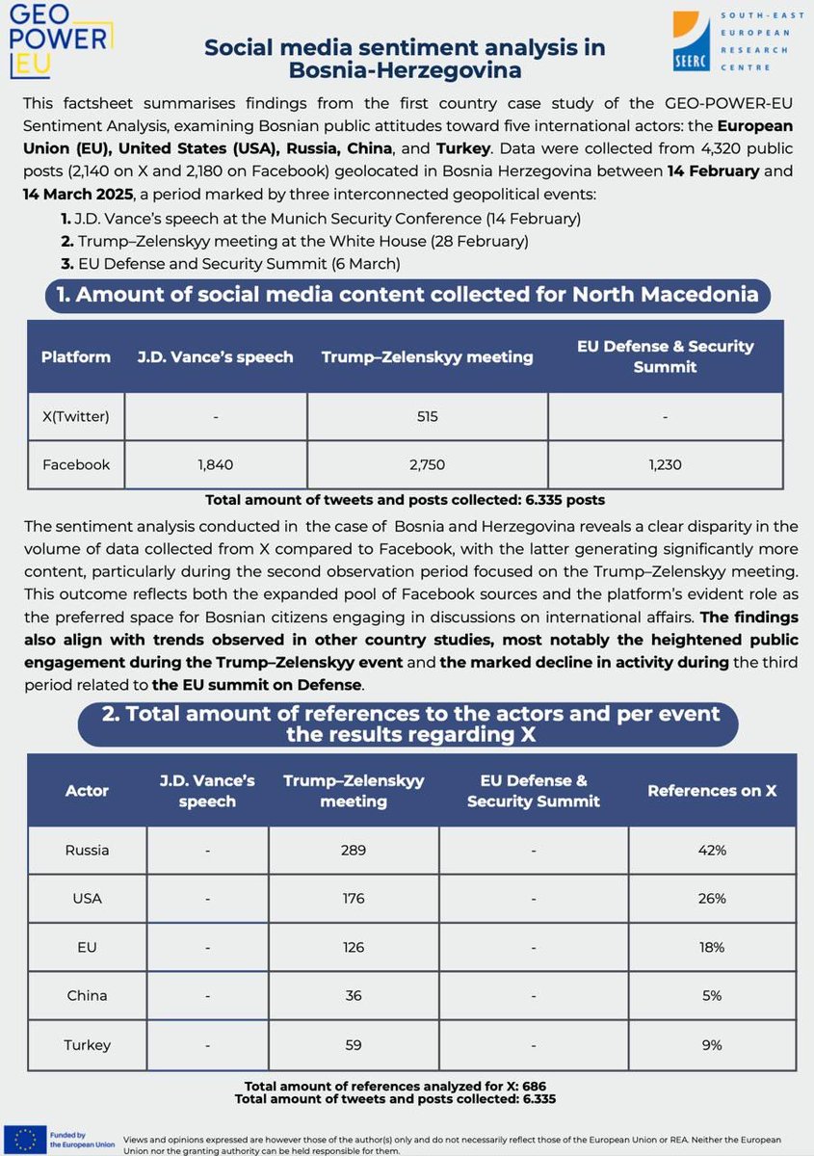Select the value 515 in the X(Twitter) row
coord(427,417)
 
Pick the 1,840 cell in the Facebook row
coord(216,464)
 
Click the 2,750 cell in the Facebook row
coord(427,464)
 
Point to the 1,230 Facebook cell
coord(666,464)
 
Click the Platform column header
coord(75,357)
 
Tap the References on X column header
coord(712,790)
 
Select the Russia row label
coord(87,851)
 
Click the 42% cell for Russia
coord(712,851)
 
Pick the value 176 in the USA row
coord(354,899)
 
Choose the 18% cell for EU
coord(712,947)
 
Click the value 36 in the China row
coord(354,996)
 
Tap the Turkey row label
coord(87,1044)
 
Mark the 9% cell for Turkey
coord(712,1044)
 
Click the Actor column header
coord(87,790)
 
